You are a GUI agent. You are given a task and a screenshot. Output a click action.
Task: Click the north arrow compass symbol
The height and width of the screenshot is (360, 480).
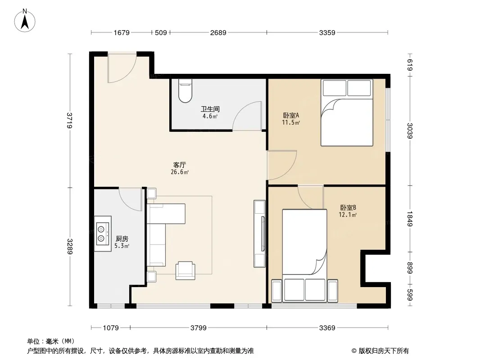(x=25, y=21)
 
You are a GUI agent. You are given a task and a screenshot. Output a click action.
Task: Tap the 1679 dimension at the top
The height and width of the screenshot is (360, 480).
(x=122, y=32)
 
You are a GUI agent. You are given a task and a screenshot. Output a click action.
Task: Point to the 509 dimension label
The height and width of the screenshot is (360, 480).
(x=161, y=32)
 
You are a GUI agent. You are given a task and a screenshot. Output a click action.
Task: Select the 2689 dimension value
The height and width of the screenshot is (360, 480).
(x=218, y=32)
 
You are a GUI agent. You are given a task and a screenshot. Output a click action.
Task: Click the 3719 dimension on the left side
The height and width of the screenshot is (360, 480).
(x=70, y=121)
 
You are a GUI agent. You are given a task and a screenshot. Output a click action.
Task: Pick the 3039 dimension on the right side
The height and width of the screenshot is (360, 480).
(x=410, y=130)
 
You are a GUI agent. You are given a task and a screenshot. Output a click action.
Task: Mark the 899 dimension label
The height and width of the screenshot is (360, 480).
(x=410, y=268)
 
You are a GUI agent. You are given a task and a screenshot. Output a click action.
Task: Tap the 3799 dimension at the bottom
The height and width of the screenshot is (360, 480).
(x=199, y=328)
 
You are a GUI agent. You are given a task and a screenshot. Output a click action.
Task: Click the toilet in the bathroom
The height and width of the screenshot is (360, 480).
(x=185, y=90)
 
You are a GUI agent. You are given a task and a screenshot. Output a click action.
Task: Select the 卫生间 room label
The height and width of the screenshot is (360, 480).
(x=210, y=109)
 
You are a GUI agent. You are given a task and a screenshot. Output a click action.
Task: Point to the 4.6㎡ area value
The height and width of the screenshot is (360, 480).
(x=210, y=116)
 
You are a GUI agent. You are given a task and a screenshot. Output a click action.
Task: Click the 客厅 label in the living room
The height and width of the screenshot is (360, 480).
(x=180, y=165)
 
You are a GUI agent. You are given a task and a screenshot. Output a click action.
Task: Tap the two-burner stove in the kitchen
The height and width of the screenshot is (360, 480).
(x=103, y=234)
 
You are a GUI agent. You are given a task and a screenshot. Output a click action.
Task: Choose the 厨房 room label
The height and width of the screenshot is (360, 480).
(x=122, y=239)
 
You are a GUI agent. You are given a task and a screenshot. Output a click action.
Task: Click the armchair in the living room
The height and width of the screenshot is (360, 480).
(x=185, y=270)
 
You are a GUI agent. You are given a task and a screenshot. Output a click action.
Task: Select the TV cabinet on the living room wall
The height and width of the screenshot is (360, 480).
(x=259, y=234)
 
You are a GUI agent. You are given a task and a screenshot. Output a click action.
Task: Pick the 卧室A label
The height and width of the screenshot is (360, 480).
(x=291, y=116)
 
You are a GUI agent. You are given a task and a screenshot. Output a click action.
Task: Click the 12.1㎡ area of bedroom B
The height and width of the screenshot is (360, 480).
(x=348, y=215)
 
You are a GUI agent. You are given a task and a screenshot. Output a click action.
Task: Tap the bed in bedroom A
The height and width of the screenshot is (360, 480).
(x=347, y=112)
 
